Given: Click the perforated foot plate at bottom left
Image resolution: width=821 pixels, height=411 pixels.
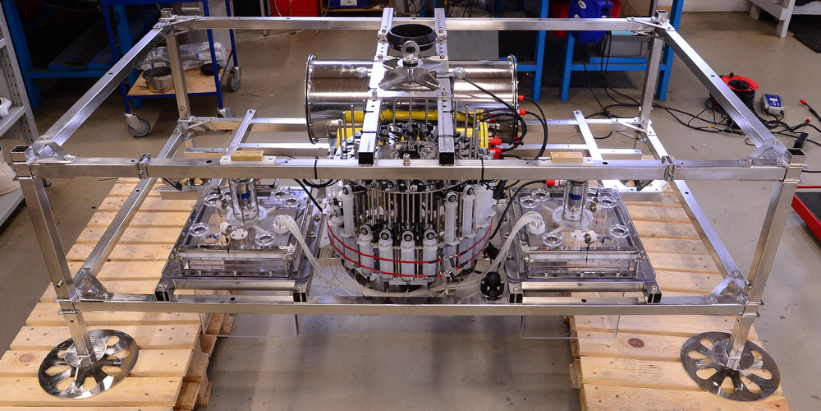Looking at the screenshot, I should (x=88, y=362).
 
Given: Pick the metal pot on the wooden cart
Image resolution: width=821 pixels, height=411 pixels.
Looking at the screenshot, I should (x=157, y=78).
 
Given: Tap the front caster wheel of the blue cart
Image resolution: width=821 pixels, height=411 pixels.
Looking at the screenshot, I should (x=139, y=124).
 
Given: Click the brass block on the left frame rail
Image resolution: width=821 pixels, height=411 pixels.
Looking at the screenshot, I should (x=247, y=155).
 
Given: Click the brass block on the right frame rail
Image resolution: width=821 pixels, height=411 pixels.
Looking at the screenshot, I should (x=566, y=156).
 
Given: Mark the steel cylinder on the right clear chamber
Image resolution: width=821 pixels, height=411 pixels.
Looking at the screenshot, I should (x=574, y=200).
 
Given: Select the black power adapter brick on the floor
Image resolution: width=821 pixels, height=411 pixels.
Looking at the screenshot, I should (x=800, y=139).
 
